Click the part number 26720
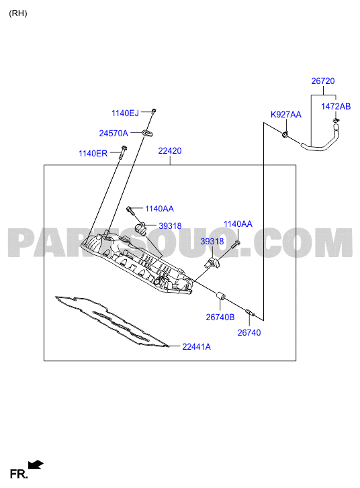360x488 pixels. point(323,81)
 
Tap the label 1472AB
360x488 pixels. point(336,107)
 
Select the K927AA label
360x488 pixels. point(286,115)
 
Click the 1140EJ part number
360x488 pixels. point(125,113)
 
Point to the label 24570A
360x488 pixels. point(114,133)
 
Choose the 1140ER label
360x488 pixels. point(93,154)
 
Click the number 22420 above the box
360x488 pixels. point(170,150)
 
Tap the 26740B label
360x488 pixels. point(220,317)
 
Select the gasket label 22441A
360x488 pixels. point(197,346)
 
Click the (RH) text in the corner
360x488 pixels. point(18,13)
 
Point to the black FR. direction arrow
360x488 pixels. point(36,465)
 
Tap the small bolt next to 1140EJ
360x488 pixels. point(154,111)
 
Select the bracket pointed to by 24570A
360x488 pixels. point(148,133)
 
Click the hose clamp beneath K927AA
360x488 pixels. point(285,135)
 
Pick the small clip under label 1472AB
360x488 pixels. point(336,120)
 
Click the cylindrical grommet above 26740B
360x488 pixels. point(221,295)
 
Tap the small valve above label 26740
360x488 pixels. point(250,313)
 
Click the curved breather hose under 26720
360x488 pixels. point(321,142)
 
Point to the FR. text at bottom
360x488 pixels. point(19,475)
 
